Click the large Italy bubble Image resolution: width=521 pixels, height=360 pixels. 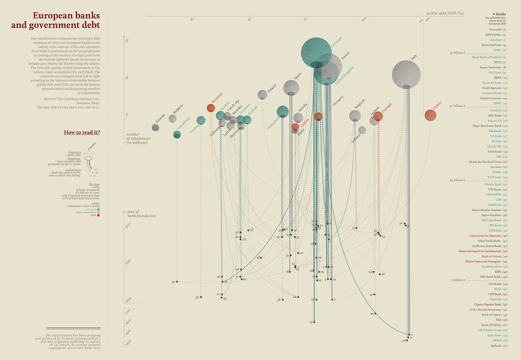pyautogui.click(x=406, y=74)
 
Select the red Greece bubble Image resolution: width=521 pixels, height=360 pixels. pyautogui.click(x=430, y=115)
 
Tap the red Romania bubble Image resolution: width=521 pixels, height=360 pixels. pyautogui.click(x=211, y=108)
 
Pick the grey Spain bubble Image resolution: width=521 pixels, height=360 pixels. pyautogui.click(x=291, y=88)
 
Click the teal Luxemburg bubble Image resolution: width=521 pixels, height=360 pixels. pyautogui.click(x=177, y=134)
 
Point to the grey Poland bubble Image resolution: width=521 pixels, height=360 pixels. pyautogui.click(x=262, y=95)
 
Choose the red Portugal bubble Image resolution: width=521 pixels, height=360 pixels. pyautogui.click(x=378, y=116)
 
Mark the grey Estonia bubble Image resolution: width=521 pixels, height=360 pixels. pyautogui.click(x=156, y=127)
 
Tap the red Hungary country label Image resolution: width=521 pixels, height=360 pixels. pyautogui.click(x=338, y=100)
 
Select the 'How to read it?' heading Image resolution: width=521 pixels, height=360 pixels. pyautogui.click(x=82, y=133)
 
